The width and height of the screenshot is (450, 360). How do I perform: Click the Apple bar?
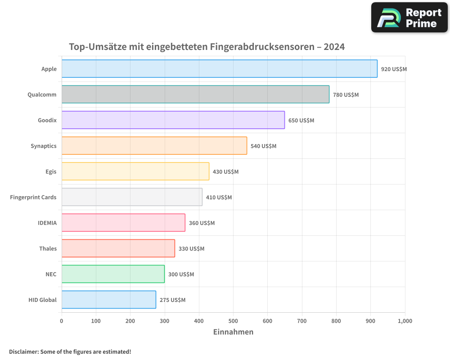pos(219,68)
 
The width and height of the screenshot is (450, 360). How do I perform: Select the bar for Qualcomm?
pos(195,94)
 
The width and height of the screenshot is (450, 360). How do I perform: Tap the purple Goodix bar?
pos(173,120)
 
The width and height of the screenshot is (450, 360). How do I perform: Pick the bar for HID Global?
pos(108,300)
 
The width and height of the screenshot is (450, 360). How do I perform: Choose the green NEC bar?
pos(113,274)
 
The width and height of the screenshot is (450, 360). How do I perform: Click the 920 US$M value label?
pos(394,69)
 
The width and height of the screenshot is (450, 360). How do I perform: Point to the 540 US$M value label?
pos(263,146)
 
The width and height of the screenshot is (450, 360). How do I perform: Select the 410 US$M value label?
pos(219,197)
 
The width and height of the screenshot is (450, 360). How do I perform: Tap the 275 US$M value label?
pos(172,300)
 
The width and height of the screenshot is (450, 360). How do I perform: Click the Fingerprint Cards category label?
pos(33,197)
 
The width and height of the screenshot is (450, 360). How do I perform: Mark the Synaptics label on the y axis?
pos(44,146)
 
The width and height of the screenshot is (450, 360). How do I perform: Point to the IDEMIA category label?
pos(47,223)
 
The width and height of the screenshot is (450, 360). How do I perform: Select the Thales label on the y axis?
pos(48,248)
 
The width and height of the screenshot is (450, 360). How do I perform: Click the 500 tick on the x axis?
pos(233,321)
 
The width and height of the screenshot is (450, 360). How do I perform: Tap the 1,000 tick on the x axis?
pos(405,321)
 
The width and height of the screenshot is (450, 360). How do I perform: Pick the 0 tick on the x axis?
pos(62,321)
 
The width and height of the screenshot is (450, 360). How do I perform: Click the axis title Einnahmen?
pos(233,332)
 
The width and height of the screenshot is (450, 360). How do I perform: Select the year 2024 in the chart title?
pos(334,47)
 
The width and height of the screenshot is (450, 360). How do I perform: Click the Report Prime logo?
pos(409,18)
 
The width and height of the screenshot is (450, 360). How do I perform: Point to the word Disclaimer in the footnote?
pos(23,351)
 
